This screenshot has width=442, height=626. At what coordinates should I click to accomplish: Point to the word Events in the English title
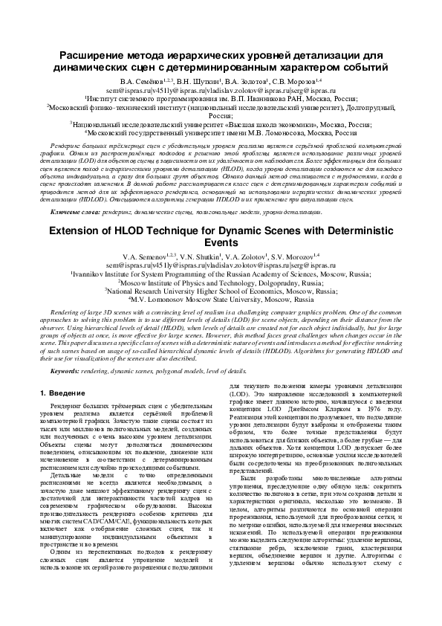[221, 242]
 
